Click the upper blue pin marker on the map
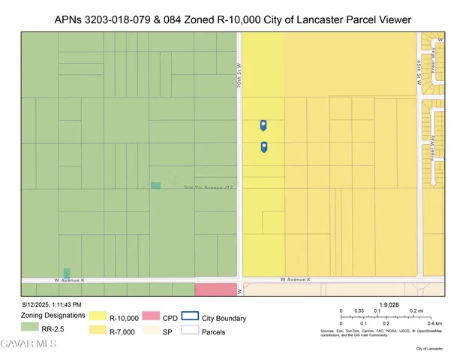(x=263, y=124)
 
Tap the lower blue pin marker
(x=263, y=147)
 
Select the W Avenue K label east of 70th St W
(x=295, y=279)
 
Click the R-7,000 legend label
(x=122, y=331)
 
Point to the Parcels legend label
(x=213, y=331)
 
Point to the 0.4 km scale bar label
(x=433, y=322)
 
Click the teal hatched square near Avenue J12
(x=155, y=185)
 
